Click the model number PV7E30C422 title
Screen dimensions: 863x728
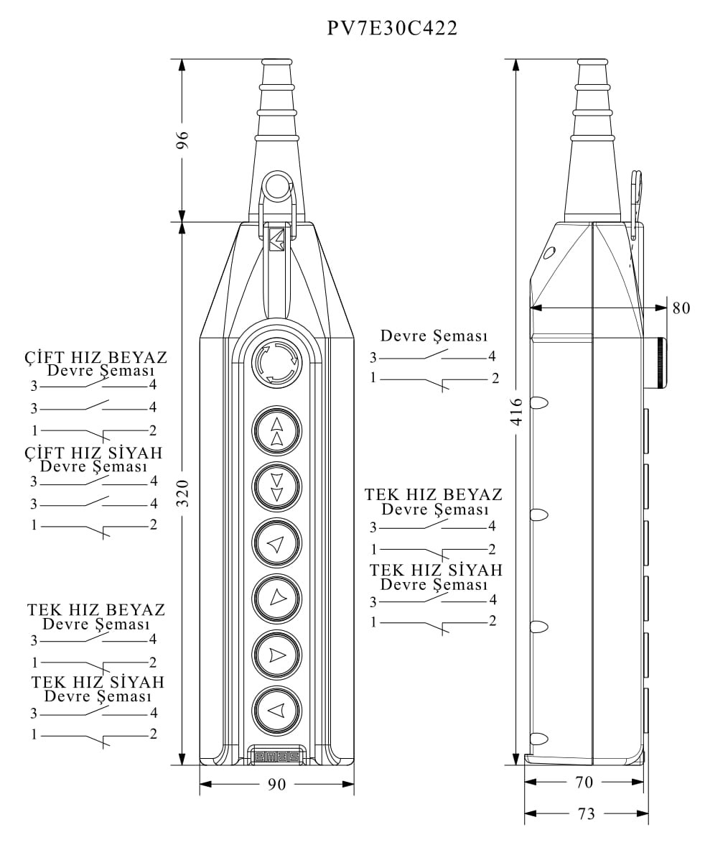click(392, 28)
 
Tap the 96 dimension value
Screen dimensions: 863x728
click(182, 140)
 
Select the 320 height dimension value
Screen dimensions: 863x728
click(182, 493)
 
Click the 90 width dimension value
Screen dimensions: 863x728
click(276, 785)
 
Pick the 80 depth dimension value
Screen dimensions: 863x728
click(681, 308)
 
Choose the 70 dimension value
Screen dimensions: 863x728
click(584, 783)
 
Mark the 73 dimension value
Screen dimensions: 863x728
click(587, 814)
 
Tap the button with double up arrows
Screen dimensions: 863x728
click(276, 431)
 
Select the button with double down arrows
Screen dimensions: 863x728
click(276, 487)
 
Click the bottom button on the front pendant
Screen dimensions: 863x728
click(276, 711)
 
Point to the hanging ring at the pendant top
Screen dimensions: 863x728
click(276, 186)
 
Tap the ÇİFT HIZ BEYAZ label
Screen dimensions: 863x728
click(95, 357)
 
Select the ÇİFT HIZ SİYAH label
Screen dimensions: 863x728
click(93, 453)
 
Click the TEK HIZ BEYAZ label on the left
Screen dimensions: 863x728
click(96, 610)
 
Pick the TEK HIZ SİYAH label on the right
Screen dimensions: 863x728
click(436, 571)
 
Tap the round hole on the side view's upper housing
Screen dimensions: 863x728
click(550, 253)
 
